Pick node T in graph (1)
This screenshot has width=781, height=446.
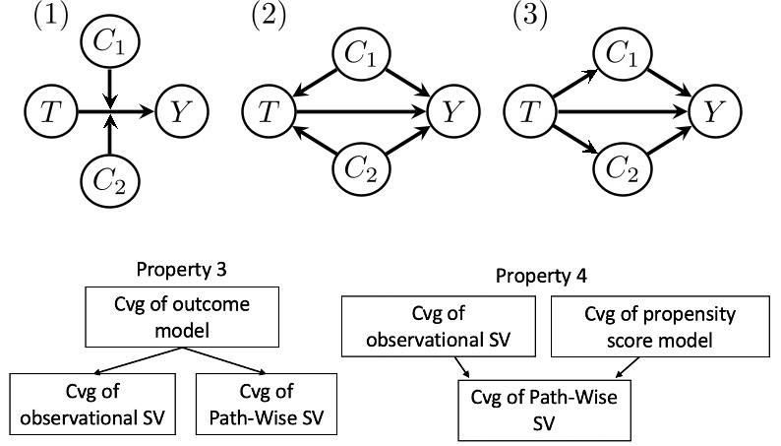coord(46,112)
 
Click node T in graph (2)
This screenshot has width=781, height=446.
coord(269,112)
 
